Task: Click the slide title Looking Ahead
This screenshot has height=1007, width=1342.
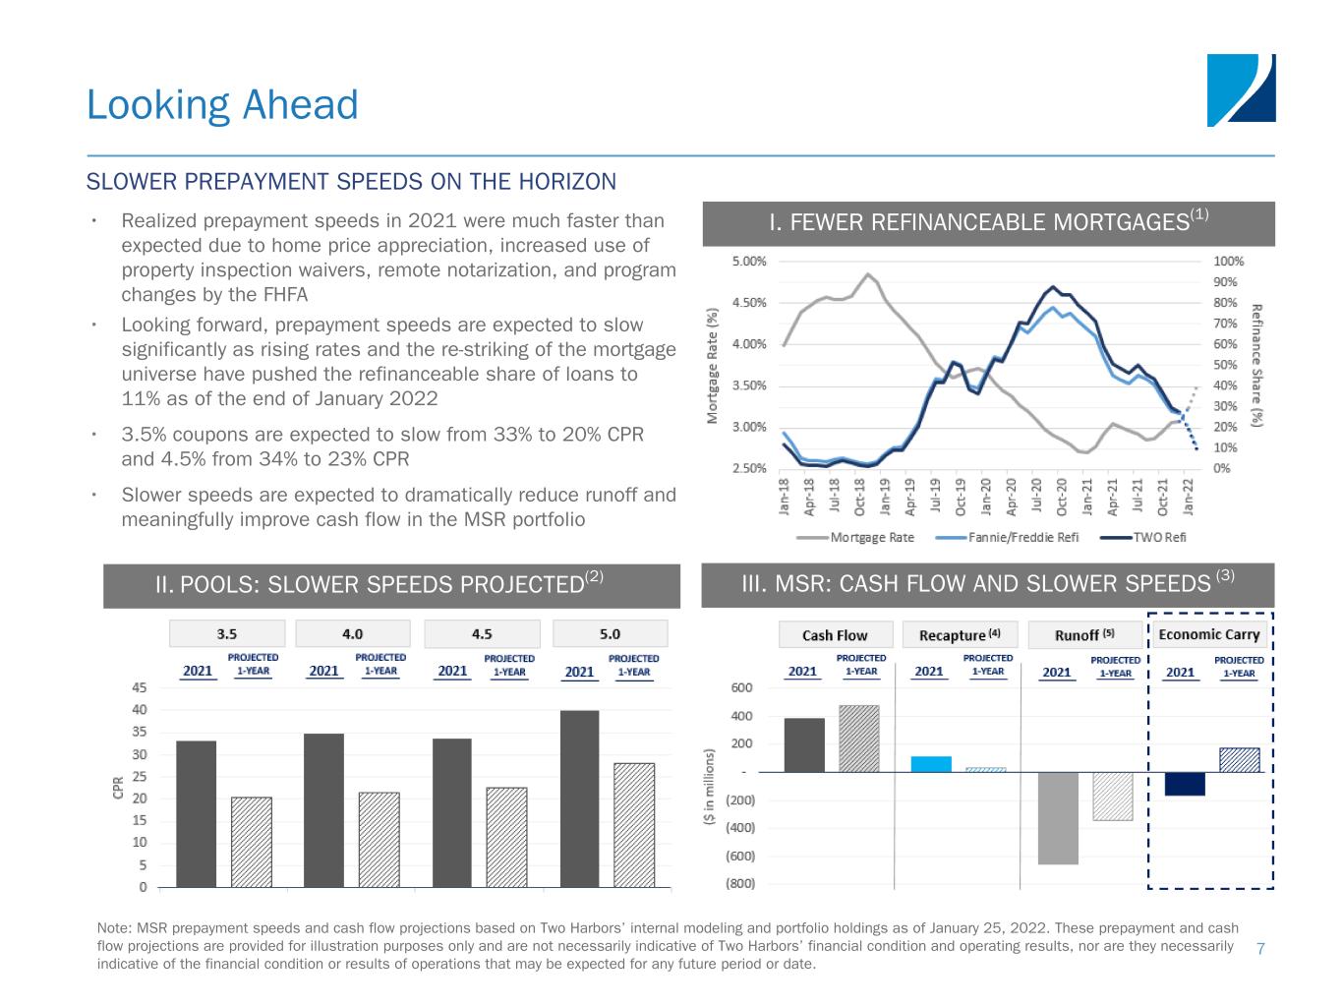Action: pyautogui.click(x=222, y=105)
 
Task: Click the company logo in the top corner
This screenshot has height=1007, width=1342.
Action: pyautogui.click(x=1241, y=90)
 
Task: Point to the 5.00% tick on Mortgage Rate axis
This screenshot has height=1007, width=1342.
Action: pyautogui.click(x=749, y=262)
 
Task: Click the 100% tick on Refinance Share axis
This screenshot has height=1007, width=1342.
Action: pyautogui.click(x=1229, y=262)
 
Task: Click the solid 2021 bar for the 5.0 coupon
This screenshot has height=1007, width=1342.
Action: pyautogui.click(x=579, y=799)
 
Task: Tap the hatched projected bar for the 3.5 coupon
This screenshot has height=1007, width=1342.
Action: pyautogui.click(x=252, y=842)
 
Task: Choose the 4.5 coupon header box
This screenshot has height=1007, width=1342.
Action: pyautogui.click(x=482, y=633)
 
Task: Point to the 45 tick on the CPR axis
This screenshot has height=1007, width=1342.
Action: pyautogui.click(x=140, y=688)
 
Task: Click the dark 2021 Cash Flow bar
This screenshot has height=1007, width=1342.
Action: pyautogui.click(x=804, y=745)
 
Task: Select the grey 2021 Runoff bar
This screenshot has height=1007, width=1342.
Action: pyautogui.click(x=1058, y=818)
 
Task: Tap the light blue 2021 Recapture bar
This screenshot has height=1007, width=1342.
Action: pyautogui.click(x=931, y=764)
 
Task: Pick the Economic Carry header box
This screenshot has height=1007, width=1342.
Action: pyautogui.click(x=1208, y=634)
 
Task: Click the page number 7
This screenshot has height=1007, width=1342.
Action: pyautogui.click(x=1260, y=948)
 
